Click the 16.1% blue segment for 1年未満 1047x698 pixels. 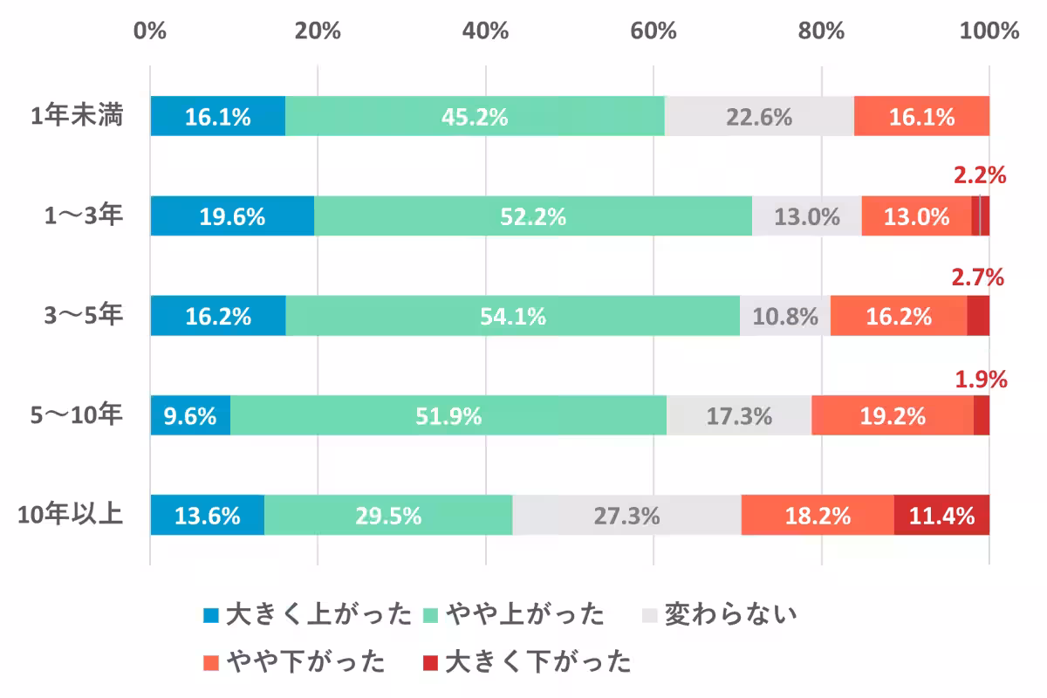click(217, 117)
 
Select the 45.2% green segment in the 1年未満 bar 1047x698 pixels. click(475, 117)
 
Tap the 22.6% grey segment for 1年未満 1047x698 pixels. click(759, 117)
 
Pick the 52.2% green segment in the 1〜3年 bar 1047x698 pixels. click(532, 216)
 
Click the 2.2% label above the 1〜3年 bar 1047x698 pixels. click(980, 176)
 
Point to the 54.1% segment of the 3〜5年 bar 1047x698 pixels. click(513, 316)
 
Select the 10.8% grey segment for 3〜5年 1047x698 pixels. click(785, 316)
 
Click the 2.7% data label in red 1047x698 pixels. click(977, 278)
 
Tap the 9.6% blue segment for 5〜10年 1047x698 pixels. click(190, 416)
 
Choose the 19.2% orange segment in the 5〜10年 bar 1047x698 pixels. click(892, 416)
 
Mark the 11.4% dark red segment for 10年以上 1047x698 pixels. click(941, 516)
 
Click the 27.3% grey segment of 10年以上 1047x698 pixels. click(626, 516)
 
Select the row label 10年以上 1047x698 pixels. click(71, 515)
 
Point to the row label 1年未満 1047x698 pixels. click(77, 116)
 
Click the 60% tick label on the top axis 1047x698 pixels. click(654, 31)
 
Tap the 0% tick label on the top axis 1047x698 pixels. click(150, 31)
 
